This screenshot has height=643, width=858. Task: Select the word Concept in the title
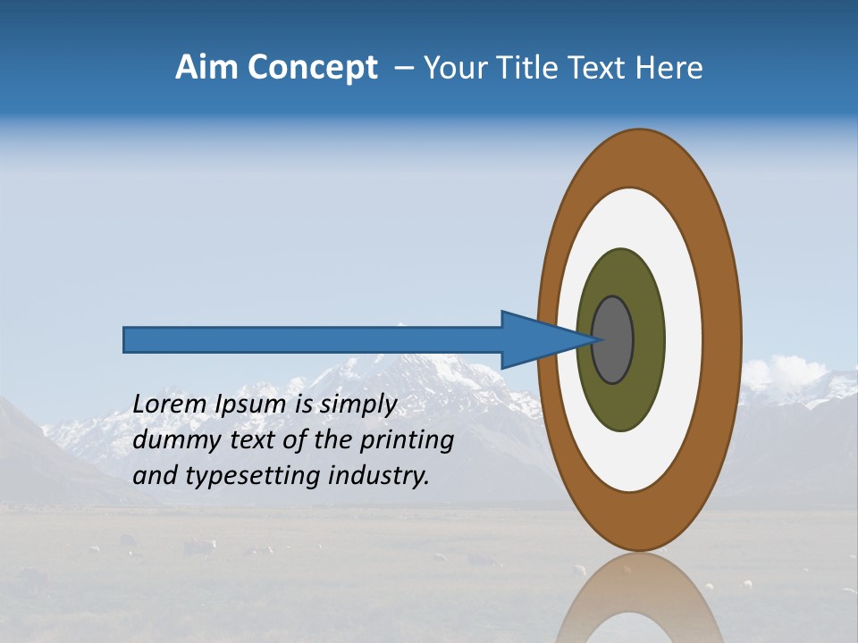[x=312, y=68]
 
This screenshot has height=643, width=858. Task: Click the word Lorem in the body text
[x=170, y=405]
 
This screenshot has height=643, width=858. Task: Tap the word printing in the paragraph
[x=407, y=440]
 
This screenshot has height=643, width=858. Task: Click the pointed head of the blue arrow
[x=536, y=339]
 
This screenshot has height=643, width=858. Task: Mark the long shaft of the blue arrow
[x=313, y=339]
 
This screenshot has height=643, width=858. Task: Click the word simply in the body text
[x=357, y=405]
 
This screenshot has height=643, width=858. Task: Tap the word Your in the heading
[x=452, y=68]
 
